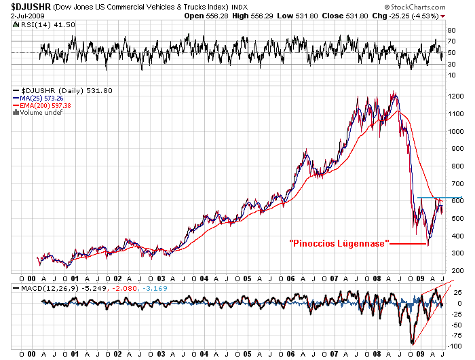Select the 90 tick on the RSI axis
(451, 31)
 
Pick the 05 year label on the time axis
(248, 278)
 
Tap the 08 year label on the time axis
(377, 278)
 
